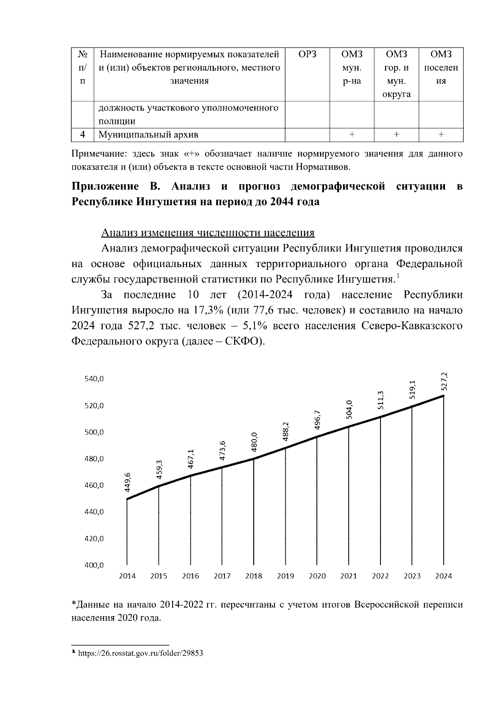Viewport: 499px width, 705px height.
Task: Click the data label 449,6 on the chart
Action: click(x=128, y=482)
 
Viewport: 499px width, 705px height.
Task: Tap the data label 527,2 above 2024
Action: click(x=444, y=381)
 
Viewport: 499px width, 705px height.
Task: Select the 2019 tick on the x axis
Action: click(x=285, y=576)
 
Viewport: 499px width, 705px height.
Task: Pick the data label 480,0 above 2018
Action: click(x=254, y=442)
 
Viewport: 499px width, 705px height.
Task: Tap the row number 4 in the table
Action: click(x=83, y=135)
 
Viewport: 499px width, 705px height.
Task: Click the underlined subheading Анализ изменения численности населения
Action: click(x=208, y=233)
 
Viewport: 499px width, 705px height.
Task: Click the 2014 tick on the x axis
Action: click(x=127, y=576)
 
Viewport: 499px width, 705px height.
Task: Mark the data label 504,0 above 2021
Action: click(x=349, y=409)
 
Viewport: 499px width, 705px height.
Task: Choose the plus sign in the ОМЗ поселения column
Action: click(x=441, y=135)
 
